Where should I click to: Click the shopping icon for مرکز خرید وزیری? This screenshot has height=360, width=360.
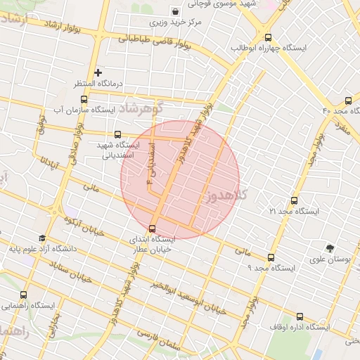click(175, 11)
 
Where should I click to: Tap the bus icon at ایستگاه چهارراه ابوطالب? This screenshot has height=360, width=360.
click(267, 37)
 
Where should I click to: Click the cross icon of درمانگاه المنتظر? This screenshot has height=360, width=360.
click(98, 72)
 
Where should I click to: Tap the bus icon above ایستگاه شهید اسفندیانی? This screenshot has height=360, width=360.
click(117, 134)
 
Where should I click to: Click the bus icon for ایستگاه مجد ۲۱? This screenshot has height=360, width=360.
click(293, 200)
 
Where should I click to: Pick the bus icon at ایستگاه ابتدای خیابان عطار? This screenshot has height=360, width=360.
click(153, 228)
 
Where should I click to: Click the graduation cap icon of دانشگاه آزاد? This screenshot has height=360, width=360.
click(42, 238)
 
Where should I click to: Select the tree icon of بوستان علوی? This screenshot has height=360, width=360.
click(330, 247)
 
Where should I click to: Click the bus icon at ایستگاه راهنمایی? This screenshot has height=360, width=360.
click(24, 295)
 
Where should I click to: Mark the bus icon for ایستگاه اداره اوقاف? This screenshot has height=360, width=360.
click(300, 316)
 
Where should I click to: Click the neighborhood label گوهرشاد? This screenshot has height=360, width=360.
click(140, 109)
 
